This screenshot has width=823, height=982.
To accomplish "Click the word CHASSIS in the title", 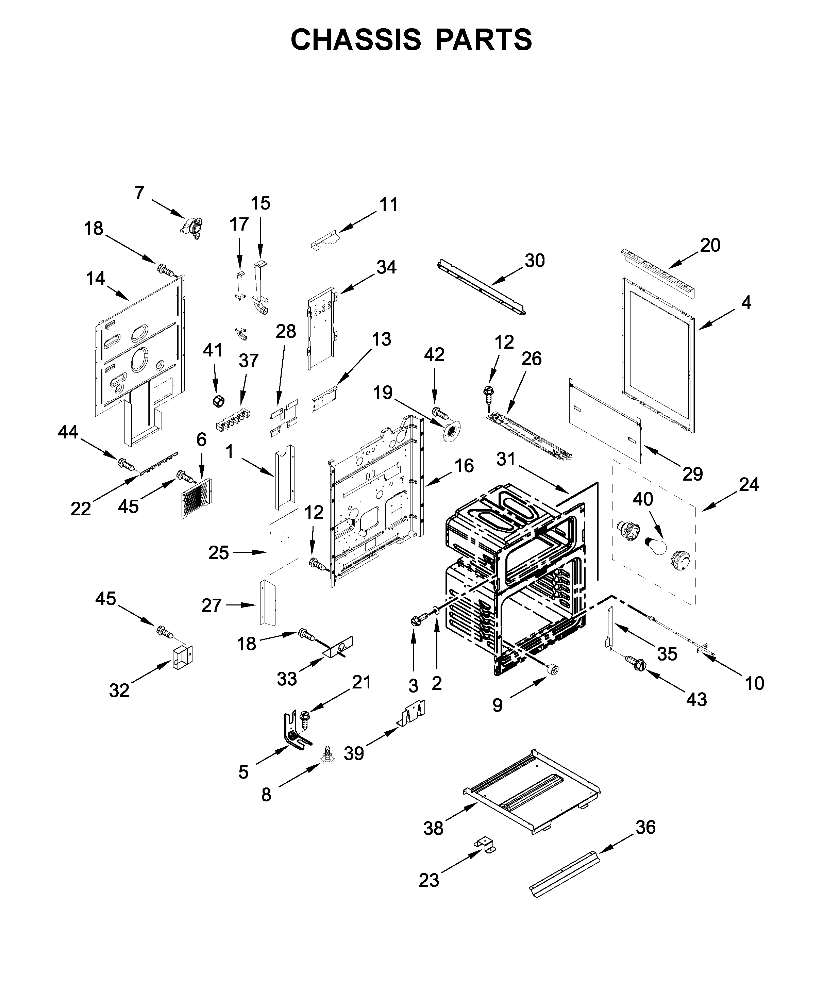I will coord(355,40).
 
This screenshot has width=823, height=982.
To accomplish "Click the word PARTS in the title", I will coord(484,40).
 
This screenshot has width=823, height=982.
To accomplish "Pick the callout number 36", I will coord(645,827).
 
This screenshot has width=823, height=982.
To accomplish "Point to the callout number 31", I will coord(505,460).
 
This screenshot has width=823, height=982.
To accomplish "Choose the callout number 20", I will coord(710,245).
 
